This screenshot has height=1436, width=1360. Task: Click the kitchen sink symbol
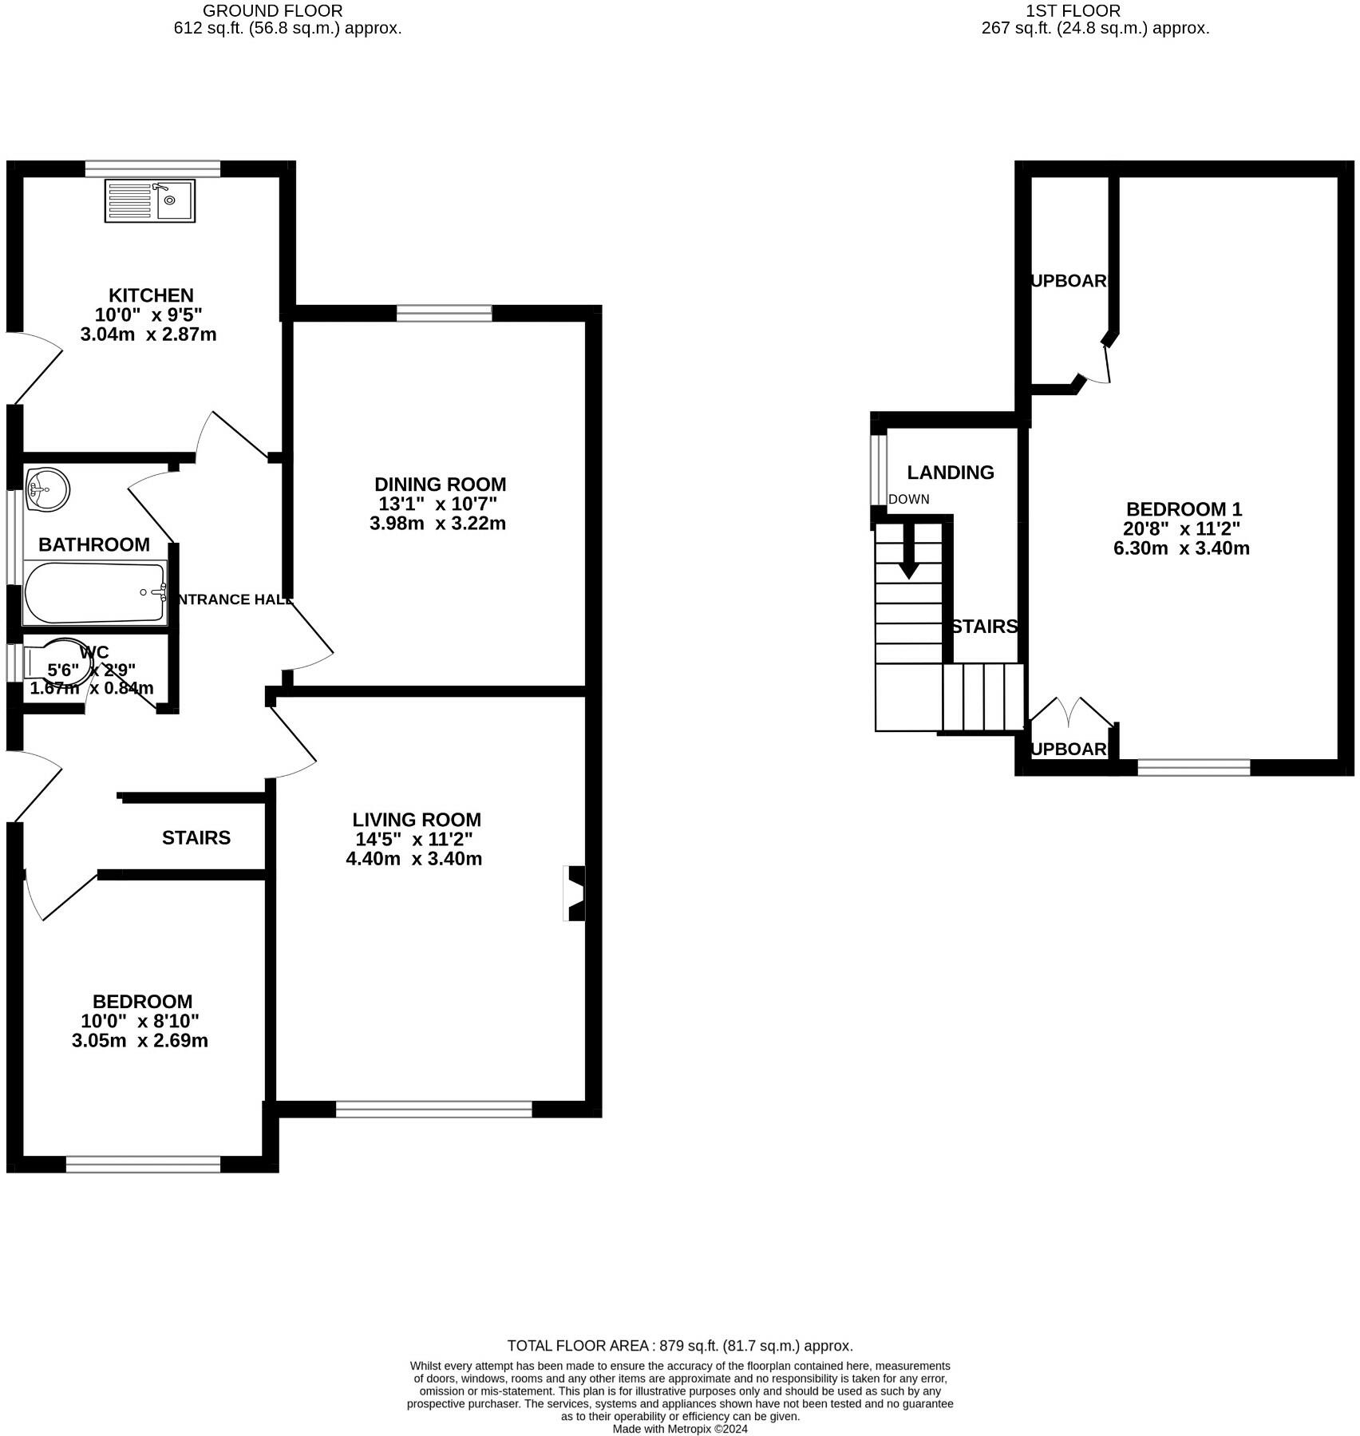149,200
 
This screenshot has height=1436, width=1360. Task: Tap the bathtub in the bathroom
95,592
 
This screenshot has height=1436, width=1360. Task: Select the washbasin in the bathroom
47,488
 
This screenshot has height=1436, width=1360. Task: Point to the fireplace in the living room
575,893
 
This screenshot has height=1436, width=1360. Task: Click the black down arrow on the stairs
908,560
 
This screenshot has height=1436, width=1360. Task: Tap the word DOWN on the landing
908,500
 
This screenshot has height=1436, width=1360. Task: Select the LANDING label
950,473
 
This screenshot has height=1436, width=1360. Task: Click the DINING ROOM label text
440,485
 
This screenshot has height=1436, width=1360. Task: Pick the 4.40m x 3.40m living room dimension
413,859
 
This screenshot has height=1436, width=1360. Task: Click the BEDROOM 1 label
1183,509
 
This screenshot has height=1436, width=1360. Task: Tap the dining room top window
445,313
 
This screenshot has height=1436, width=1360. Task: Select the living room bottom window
433,1109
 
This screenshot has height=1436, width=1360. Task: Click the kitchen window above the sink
152,168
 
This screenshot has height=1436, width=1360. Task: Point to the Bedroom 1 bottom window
1193,767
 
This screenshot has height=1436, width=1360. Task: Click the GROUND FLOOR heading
272,11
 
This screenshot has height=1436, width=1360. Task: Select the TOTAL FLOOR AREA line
680,1346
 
